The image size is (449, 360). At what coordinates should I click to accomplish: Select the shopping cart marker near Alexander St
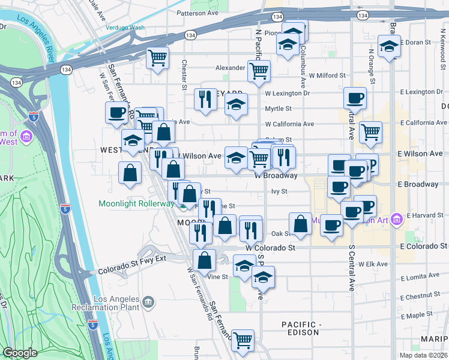pyautogui.click(x=259, y=70)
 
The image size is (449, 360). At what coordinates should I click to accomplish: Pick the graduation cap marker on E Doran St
pyautogui.click(x=389, y=46)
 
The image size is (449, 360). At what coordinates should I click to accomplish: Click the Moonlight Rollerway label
pyautogui.click(x=136, y=204)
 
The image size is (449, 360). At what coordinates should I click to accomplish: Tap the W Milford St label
pyautogui.click(x=328, y=76)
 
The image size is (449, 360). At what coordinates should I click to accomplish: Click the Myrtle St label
pyautogui.click(x=278, y=109)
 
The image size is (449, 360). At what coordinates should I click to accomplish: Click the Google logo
pyautogui.click(x=20, y=353)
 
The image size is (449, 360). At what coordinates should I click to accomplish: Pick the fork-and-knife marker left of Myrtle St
pyautogui.click(x=205, y=98)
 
